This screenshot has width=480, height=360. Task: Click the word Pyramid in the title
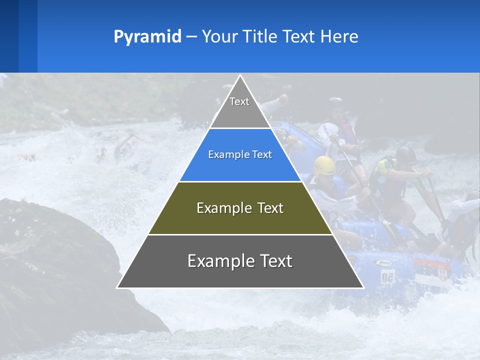147,36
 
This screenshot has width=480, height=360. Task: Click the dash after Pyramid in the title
191,36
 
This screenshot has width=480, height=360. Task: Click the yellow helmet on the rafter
324,165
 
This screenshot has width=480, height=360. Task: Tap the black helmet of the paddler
406,154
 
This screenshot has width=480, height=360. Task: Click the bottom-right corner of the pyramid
363,287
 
